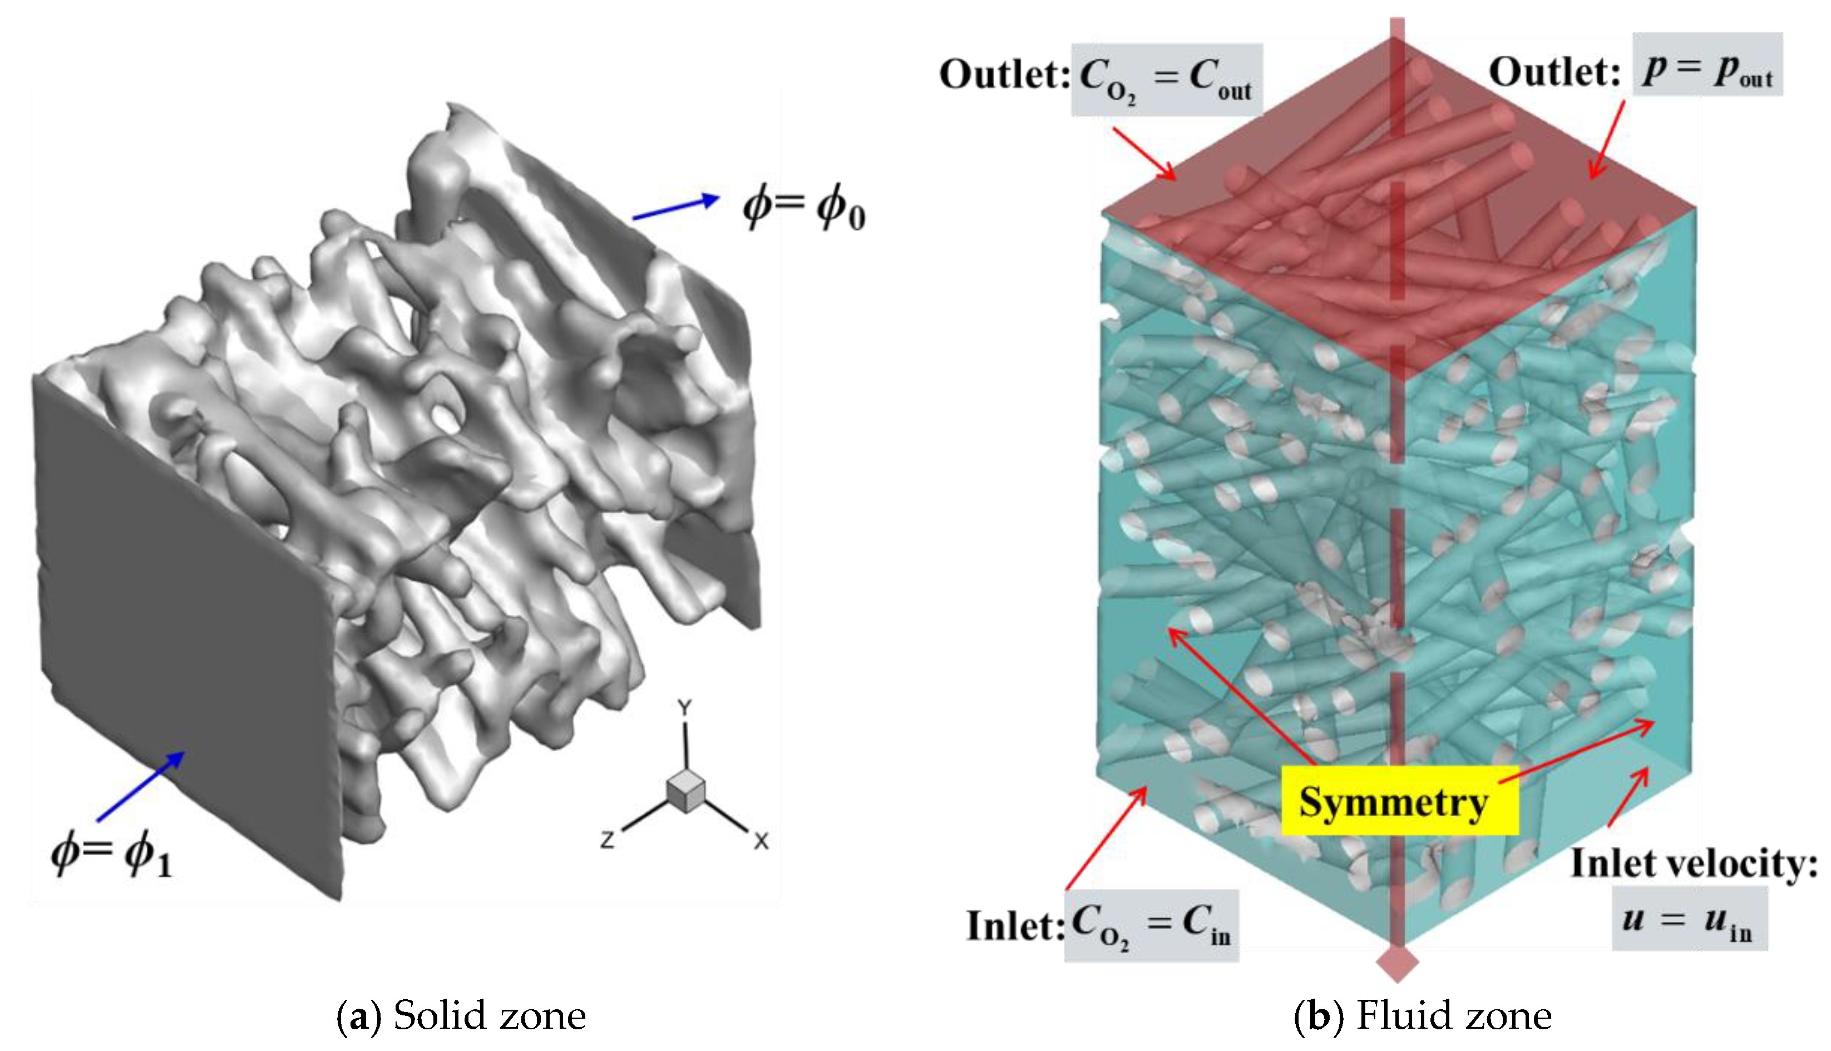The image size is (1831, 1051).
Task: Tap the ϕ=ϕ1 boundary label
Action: pyautogui.click(x=112, y=854)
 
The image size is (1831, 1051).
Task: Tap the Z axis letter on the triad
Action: pyautogui.click(x=608, y=839)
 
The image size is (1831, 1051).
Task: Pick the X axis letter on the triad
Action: pyautogui.click(x=761, y=841)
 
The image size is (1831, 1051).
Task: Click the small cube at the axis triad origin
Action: pyautogui.click(x=685, y=790)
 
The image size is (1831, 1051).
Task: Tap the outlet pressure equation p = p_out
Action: pyautogui.click(x=1707, y=65)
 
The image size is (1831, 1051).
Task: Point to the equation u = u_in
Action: pyautogui.click(x=1689, y=920)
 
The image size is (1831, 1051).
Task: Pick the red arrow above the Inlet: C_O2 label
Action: pyautogui.click(x=1106, y=838)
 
